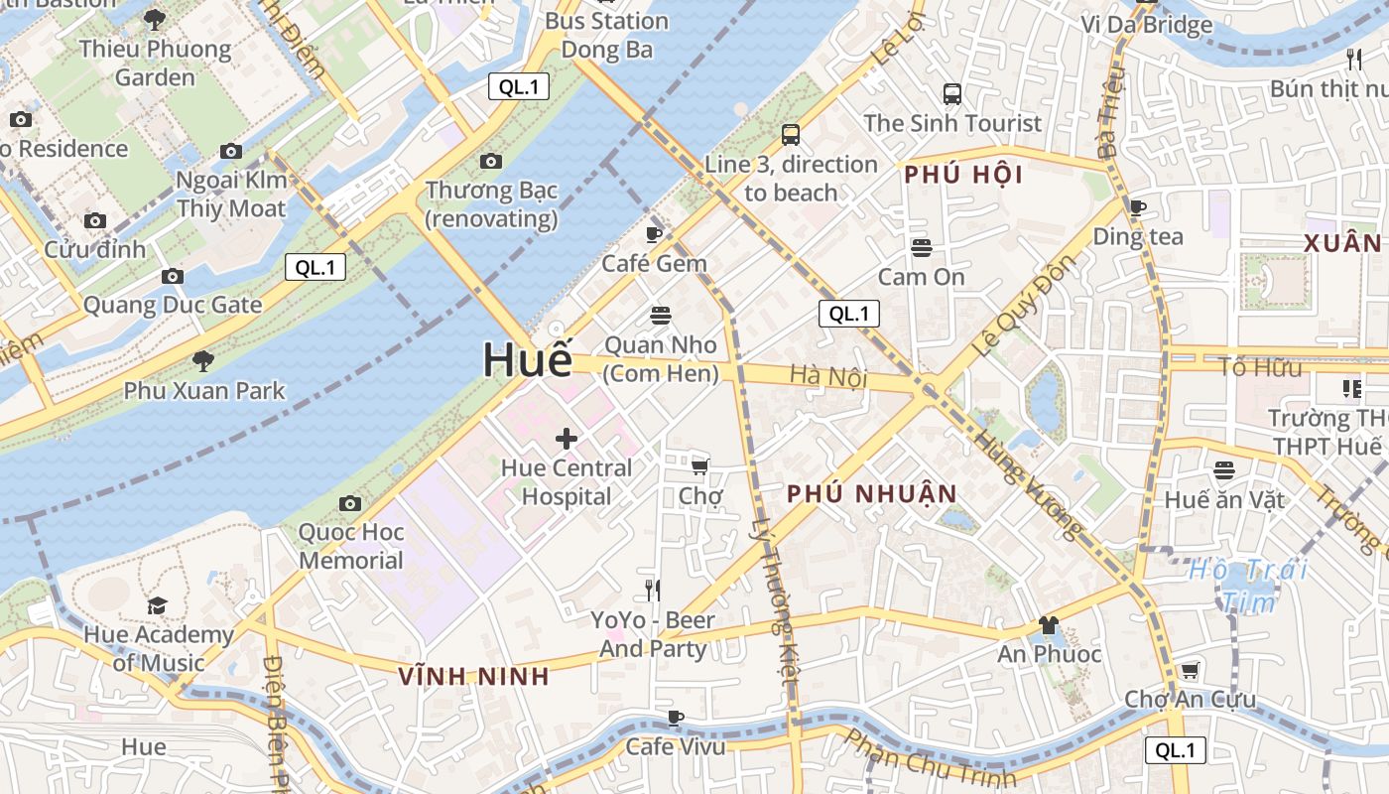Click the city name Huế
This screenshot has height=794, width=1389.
point(528,359)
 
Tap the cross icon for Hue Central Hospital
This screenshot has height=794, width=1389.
point(567,438)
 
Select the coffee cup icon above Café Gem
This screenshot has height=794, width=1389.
point(653,234)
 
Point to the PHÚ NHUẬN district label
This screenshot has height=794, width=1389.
point(872,494)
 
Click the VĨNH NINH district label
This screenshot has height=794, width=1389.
point(473,677)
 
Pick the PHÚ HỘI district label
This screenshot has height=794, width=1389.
point(962,176)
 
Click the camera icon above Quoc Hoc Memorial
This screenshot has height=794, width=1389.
point(349,503)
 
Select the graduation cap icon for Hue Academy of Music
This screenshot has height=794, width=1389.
point(157,605)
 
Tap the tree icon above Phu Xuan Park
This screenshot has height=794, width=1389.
point(203,360)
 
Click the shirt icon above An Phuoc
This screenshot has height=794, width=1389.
point(1048,624)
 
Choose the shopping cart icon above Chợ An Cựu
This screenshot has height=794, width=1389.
point(1189,670)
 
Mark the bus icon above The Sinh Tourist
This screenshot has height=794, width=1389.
point(952,94)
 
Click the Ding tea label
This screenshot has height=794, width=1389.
point(1138,236)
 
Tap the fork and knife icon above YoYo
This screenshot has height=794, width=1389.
point(653,591)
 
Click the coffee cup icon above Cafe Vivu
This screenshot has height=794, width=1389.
point(676,717)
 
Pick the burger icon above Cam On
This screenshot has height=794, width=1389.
point(922,247)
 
